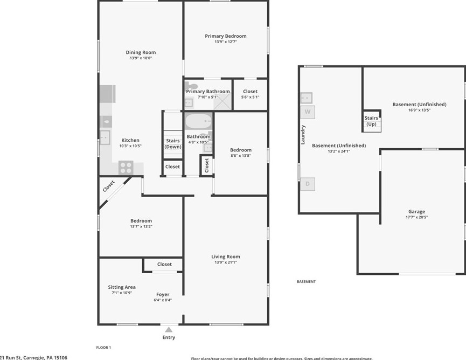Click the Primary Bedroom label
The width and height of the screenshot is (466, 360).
tap(225, 36)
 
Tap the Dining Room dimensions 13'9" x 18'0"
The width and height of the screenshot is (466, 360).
tap(141, 58)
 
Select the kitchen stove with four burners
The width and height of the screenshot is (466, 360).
tap(126, 167)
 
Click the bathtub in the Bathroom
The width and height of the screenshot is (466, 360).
tap(198, 121)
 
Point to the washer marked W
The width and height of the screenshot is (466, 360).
tap(308, 112)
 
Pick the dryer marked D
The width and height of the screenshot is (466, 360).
tap(308, 184)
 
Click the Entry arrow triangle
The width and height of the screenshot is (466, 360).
tap(169, 329)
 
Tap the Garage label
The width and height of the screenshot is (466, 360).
tap(416, 212)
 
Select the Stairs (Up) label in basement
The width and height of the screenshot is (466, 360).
tap(371, 121)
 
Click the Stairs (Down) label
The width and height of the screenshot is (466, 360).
tap(173, 144)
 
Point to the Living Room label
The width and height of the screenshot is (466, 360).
tap(225, 257)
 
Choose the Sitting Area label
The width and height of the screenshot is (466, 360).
tap(122, 287)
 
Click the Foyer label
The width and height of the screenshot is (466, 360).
tap(163, 294)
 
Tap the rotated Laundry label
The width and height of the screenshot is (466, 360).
tap(303, 135)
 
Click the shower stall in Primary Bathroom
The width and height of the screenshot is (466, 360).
tap(222, 102)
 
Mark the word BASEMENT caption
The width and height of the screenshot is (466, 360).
tap(306, 282)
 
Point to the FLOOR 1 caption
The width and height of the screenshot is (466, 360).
tap(103, 348)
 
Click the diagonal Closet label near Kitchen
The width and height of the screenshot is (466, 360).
tap(109, 186)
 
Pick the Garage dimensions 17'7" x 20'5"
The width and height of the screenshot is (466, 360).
tap(416, 218)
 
